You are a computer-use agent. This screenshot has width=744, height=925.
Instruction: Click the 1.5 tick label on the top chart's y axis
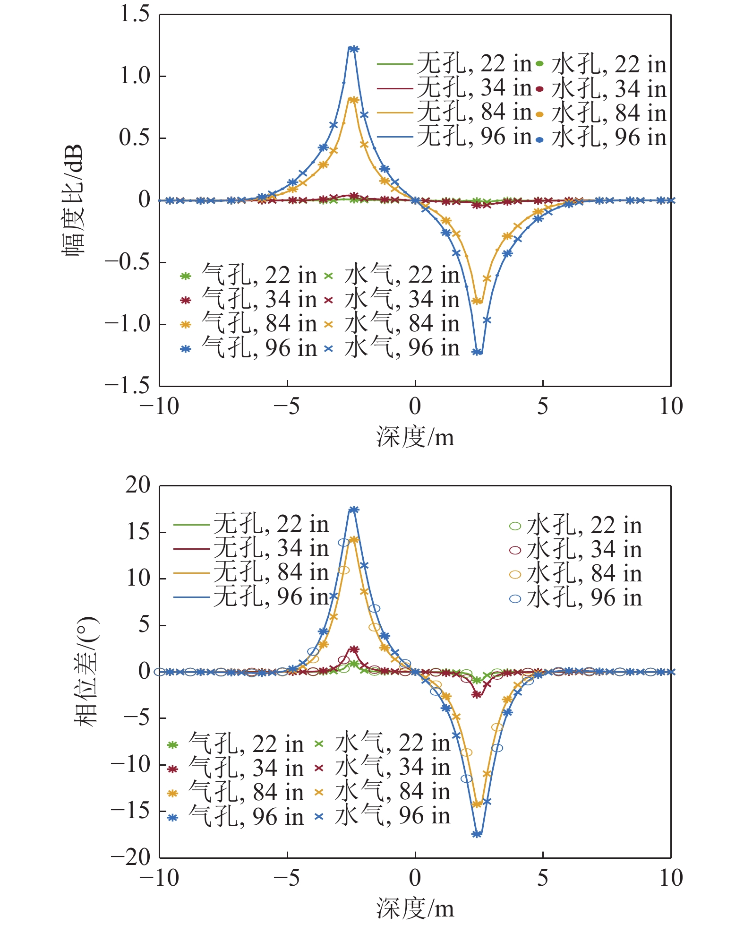click(x=134, y=14)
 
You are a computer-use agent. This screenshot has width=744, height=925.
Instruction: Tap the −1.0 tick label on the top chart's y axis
click(x=127, y=324)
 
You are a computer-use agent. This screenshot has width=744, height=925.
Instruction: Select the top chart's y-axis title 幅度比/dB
click(x=73, y=199)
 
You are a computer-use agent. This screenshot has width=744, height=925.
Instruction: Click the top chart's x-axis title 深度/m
click(x=415, y=437)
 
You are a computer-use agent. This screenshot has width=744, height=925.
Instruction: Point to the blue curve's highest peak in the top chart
click(x=352, y=48)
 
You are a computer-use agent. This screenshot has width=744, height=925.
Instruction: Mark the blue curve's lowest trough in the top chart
click(x=478, y=352)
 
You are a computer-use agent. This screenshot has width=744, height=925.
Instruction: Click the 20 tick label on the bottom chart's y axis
click(x=137, y=485)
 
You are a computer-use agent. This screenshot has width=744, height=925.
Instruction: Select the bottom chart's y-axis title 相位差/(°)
click(x=85, y=671)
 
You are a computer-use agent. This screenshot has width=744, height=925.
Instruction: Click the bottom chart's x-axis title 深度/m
click(x=415, y=908)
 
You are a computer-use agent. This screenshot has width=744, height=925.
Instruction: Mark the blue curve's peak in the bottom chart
click(x=353, y=510)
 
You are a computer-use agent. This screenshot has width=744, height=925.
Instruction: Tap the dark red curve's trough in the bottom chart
click(x=477, y=695)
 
